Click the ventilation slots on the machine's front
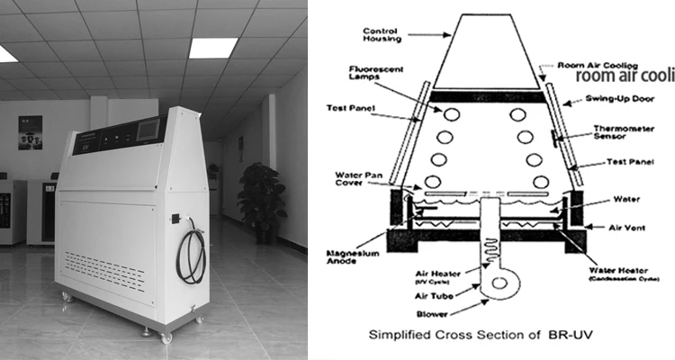[113, 264]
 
